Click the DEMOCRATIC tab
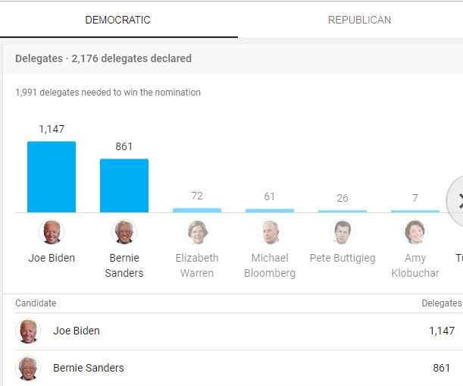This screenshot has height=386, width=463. (117, 20)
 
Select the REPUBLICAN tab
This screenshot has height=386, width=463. (359, 20)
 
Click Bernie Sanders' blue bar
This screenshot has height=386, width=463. (124, 186)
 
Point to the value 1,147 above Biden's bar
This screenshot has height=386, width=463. (52, 129)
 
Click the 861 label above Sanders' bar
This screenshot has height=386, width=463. (124, 146)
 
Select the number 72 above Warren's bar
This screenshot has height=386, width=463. (197, 196)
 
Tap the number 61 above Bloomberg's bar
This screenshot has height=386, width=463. (270, 196)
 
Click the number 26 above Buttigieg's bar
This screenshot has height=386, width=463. (343, 198)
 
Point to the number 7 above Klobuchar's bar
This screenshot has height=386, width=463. (415, 198)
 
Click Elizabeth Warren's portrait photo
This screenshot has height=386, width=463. (197, 232)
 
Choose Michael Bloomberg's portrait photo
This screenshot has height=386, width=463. (270, 232)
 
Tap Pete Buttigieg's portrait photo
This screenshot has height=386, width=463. (343, 232)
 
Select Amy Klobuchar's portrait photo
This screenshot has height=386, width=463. (415, 232)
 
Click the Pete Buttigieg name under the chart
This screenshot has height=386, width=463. (343, 258)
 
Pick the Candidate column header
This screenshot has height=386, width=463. (36, 303)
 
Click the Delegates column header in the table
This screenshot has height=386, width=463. (441, 303)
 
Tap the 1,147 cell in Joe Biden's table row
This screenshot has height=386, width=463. (442, 331)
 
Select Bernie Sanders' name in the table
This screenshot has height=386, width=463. (88, 368)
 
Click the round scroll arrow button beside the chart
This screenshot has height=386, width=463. (457, 200)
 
